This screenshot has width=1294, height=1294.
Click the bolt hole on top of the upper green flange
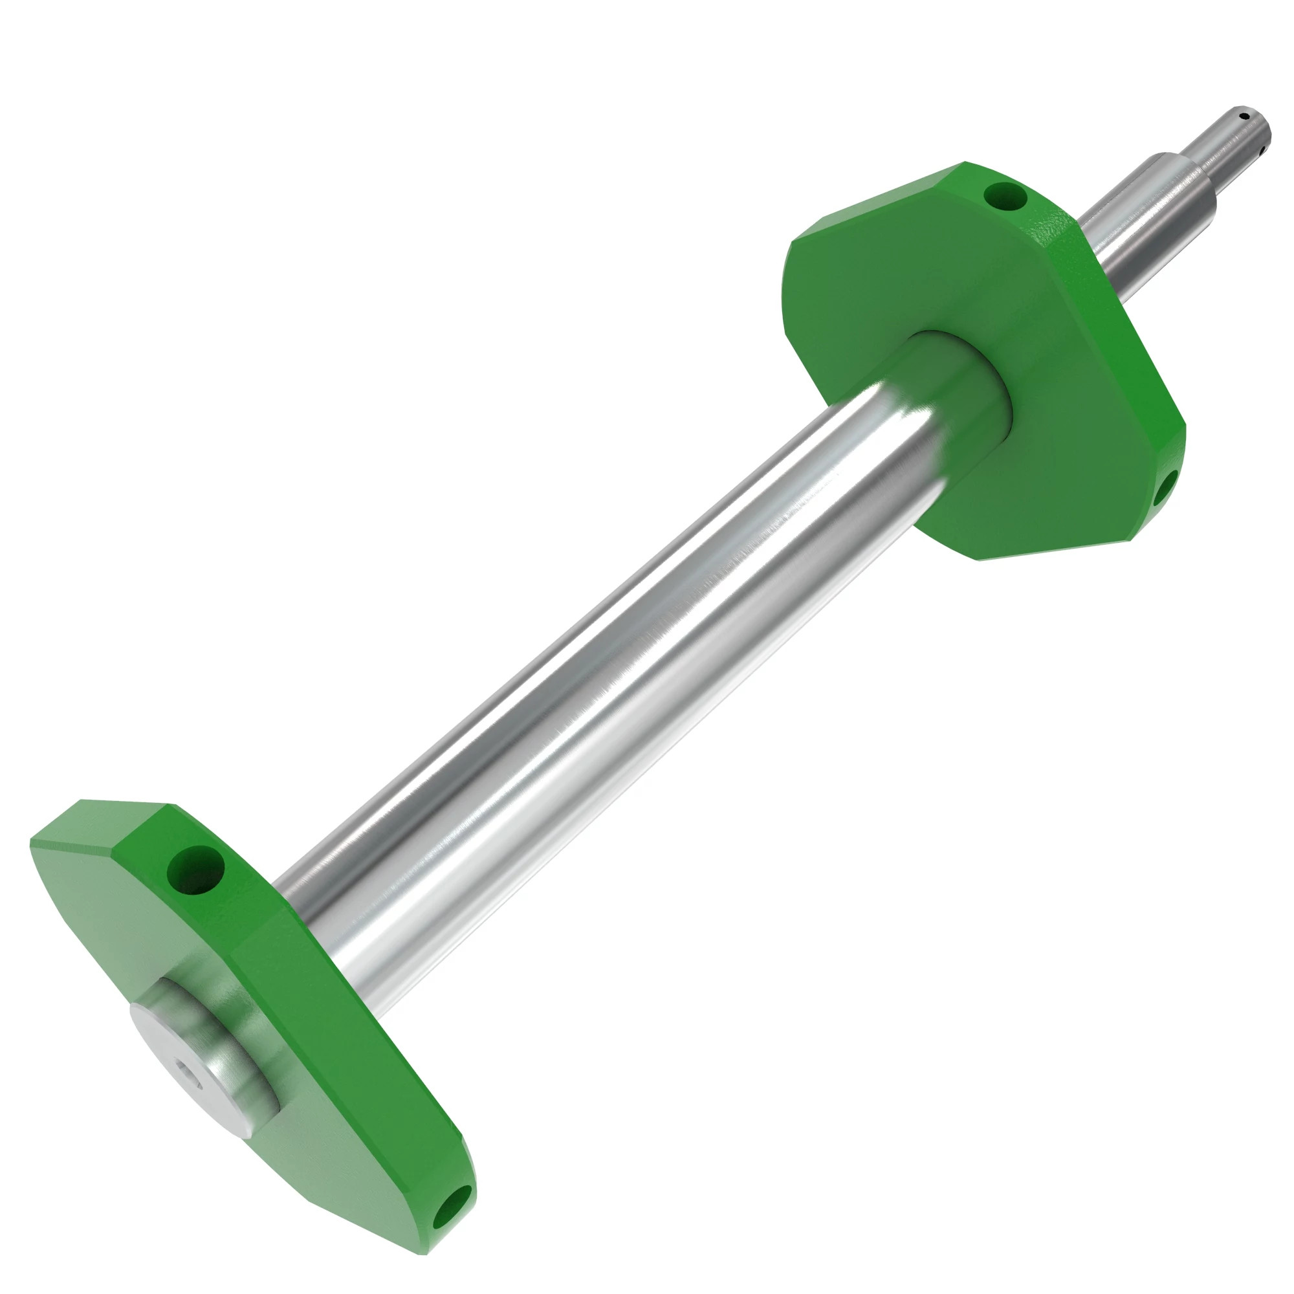pos(1005,195)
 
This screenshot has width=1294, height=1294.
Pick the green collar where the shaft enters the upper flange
pos(965,375)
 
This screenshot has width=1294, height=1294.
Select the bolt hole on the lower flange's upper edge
pos(195,870)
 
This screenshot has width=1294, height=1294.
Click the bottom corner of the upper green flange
pos(981,559)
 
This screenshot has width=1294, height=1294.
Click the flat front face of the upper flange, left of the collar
pos(857,315)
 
